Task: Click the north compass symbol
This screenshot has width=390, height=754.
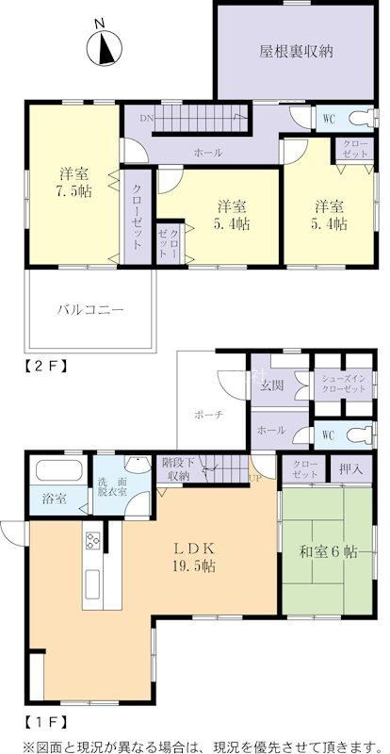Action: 104,47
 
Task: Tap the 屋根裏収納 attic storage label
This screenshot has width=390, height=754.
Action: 296,52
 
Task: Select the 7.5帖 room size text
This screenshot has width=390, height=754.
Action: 73,192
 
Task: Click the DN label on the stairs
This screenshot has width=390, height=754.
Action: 147,119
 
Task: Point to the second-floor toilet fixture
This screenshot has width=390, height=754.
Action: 363,118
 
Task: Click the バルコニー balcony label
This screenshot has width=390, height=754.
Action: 90,309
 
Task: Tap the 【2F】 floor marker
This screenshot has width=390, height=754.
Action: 43,364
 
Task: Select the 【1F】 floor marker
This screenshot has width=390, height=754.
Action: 43,721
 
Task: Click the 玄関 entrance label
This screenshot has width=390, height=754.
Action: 271,385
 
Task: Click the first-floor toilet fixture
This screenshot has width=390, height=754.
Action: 363,434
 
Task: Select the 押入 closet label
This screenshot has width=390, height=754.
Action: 351,467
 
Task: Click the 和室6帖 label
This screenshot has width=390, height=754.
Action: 329,551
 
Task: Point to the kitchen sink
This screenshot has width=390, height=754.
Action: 93,582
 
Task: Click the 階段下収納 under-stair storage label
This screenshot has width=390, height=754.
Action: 178,469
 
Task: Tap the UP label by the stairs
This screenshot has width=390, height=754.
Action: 254,479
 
